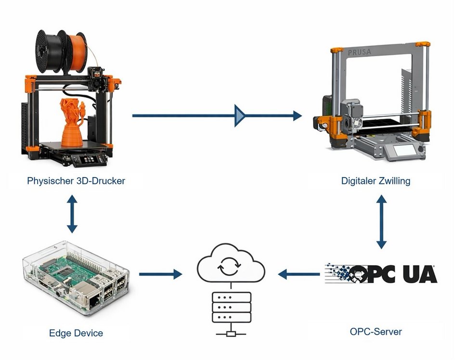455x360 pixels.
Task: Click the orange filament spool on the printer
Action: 76,52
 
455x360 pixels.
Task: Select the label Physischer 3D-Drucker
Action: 76,181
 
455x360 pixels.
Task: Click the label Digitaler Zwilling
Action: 376,181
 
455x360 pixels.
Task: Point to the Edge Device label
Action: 76,333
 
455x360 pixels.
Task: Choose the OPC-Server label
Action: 376,331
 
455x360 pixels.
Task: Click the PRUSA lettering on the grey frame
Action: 359,52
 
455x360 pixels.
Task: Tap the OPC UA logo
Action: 381,273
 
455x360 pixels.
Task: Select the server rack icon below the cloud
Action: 231,307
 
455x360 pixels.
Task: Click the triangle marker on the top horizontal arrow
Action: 240,116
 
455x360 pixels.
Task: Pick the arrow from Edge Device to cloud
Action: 160,274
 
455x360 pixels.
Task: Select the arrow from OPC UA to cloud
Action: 299,274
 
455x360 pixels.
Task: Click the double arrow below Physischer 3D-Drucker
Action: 72,214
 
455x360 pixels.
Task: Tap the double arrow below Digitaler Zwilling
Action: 381,221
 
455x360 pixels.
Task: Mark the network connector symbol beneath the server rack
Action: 231,334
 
